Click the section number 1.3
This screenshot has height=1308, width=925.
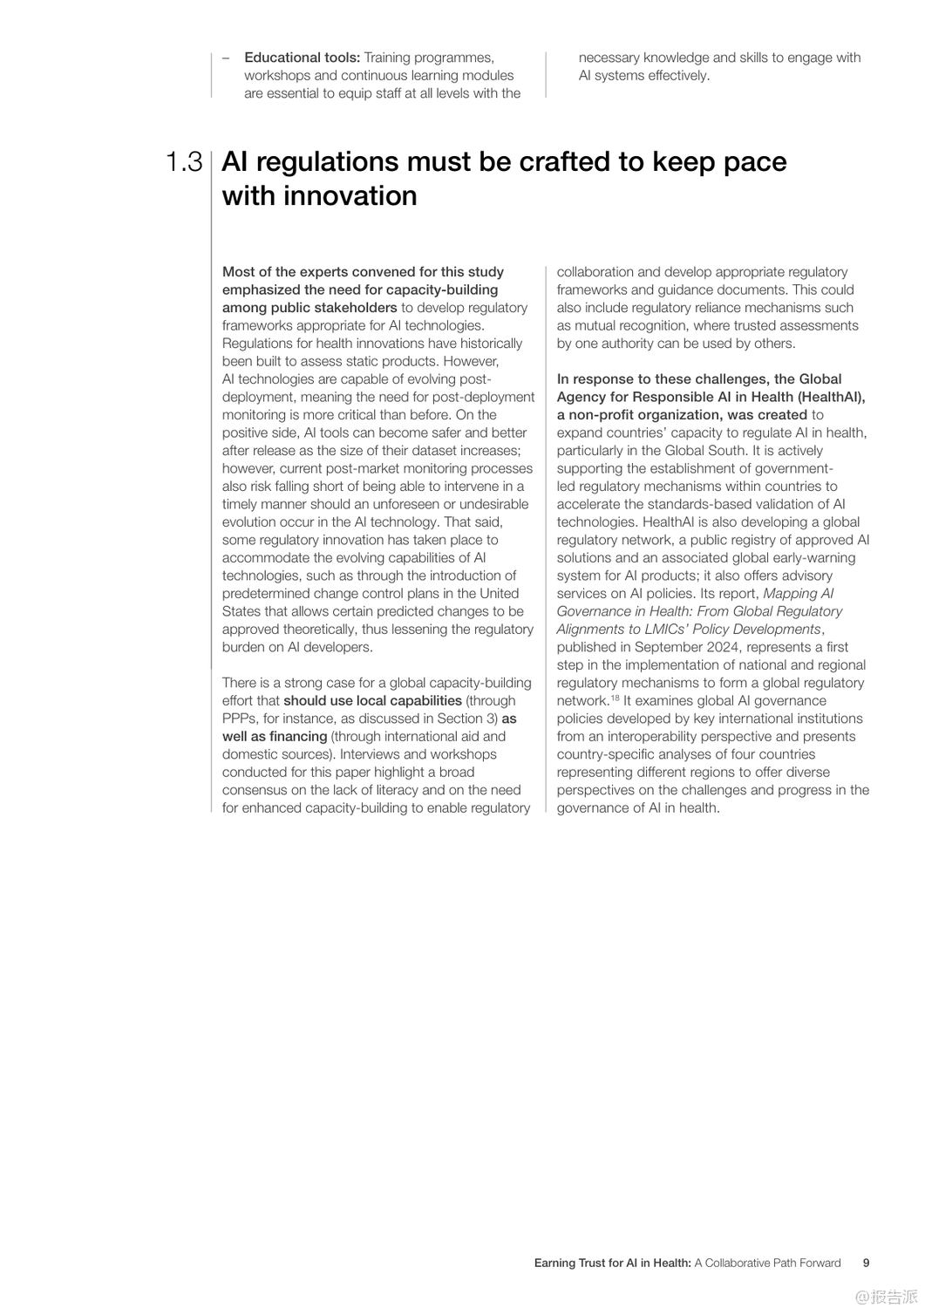click(x=184, y=162)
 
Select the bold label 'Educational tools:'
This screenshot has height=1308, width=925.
click(x=302, y=58)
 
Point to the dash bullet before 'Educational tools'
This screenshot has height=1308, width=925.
click(x=226, y=58)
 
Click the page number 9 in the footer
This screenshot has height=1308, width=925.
click(x=866, y=1263)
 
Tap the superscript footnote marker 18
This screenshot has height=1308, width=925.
click(x=615, y=698)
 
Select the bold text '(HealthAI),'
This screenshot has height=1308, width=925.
click(x=832, y=397)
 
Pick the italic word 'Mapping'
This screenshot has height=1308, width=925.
click(x=790, y=594)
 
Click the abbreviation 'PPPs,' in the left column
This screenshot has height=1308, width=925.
click(x=241, y=719)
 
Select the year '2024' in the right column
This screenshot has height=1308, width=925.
click(x=716, y=647)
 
